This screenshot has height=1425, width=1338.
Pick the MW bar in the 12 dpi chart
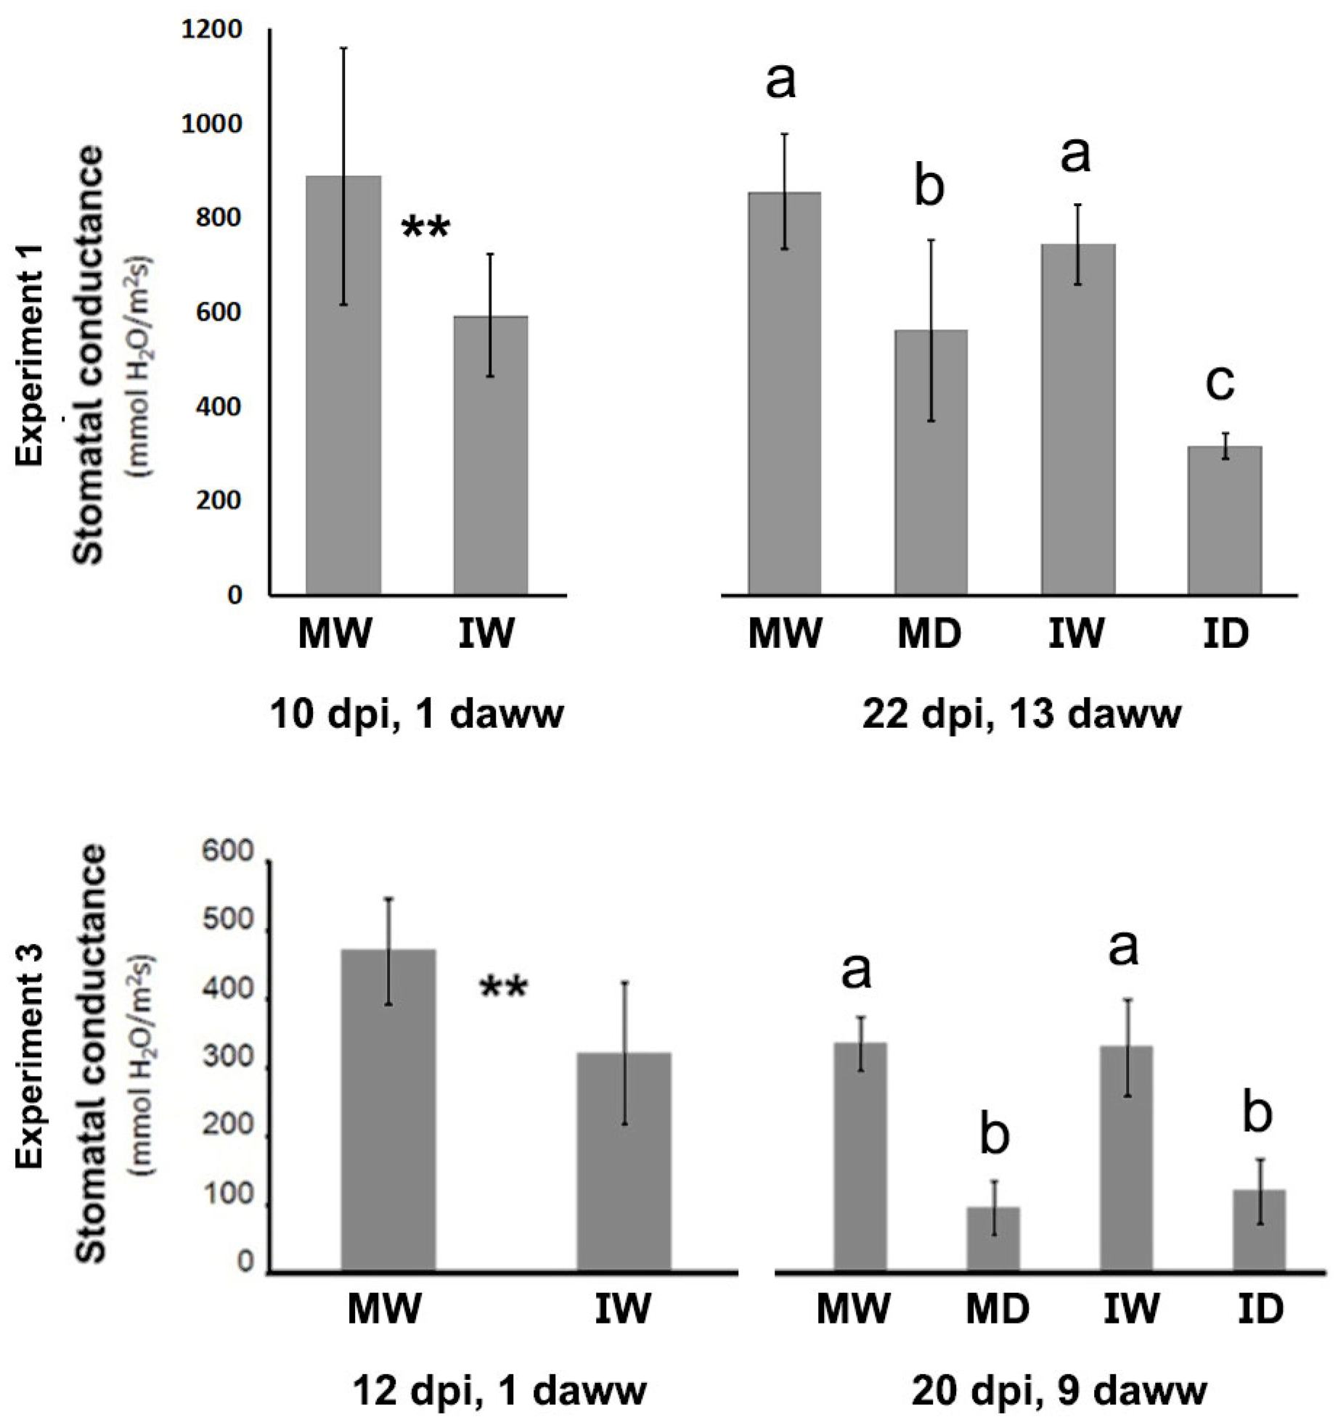point(388,1111)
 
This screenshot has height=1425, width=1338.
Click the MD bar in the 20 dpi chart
point(994,1240)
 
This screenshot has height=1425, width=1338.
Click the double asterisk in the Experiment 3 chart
point(503,989)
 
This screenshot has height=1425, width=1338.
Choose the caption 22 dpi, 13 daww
point(1021,714)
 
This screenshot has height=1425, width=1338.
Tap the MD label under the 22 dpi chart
point(929,633)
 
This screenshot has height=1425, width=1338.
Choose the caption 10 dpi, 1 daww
point(417,714)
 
